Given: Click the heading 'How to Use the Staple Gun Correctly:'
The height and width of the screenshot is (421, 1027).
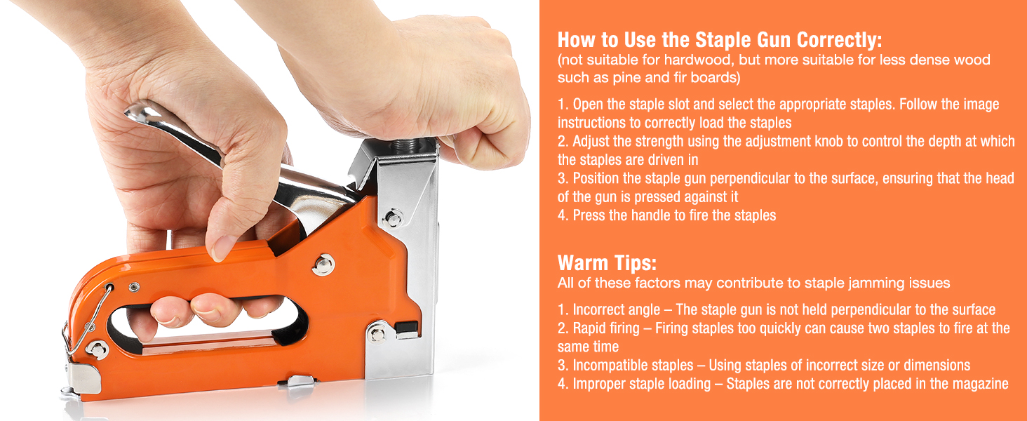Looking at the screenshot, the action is (x=719, y=40).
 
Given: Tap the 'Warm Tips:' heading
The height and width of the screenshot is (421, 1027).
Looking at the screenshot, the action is (x=607, y=263).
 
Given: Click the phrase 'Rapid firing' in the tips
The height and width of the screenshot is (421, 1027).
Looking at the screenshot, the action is (x=606, y=328).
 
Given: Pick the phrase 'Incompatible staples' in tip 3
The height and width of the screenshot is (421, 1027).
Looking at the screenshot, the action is (x=633, y=365).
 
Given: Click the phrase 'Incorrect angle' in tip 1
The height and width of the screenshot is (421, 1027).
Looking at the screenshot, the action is (x=616, y=310).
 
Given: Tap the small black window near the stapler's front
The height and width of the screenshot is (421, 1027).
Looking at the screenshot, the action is (x=406, y=328).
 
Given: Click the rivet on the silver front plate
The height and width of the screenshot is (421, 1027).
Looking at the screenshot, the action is (x=394, y=218).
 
